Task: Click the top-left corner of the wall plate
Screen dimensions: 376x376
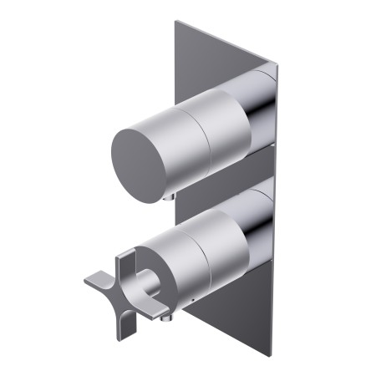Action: click(176, 22)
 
